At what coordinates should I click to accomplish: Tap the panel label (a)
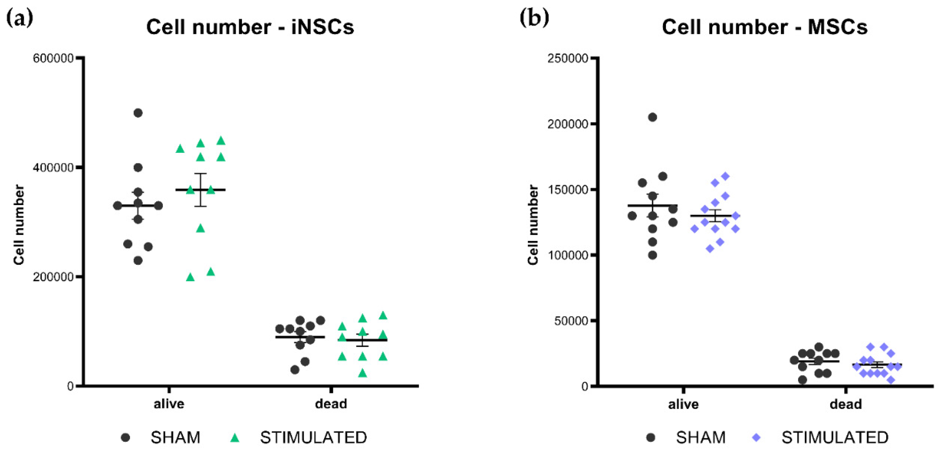20,18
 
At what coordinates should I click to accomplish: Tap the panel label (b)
534,18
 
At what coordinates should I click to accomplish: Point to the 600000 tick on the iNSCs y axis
53,58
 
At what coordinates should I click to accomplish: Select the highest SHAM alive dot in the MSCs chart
652,117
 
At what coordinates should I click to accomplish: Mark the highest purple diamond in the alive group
725,176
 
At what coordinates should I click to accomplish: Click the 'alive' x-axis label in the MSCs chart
683,404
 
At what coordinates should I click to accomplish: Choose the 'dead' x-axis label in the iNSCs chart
331,404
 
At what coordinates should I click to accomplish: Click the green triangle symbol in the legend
235,438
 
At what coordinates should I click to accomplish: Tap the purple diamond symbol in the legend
756,438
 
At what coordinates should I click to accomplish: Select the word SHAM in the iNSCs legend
175,438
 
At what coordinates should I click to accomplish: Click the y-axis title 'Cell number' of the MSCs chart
533,225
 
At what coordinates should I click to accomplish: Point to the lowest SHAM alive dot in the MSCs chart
652,255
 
